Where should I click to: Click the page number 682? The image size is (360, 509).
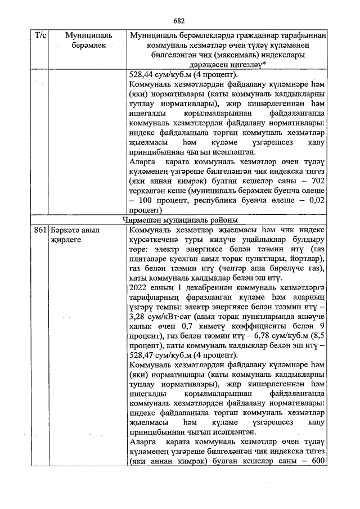(179, 21)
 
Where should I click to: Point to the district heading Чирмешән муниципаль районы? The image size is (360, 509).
(179, 219)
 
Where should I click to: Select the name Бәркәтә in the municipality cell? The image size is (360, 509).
(64, 230)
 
